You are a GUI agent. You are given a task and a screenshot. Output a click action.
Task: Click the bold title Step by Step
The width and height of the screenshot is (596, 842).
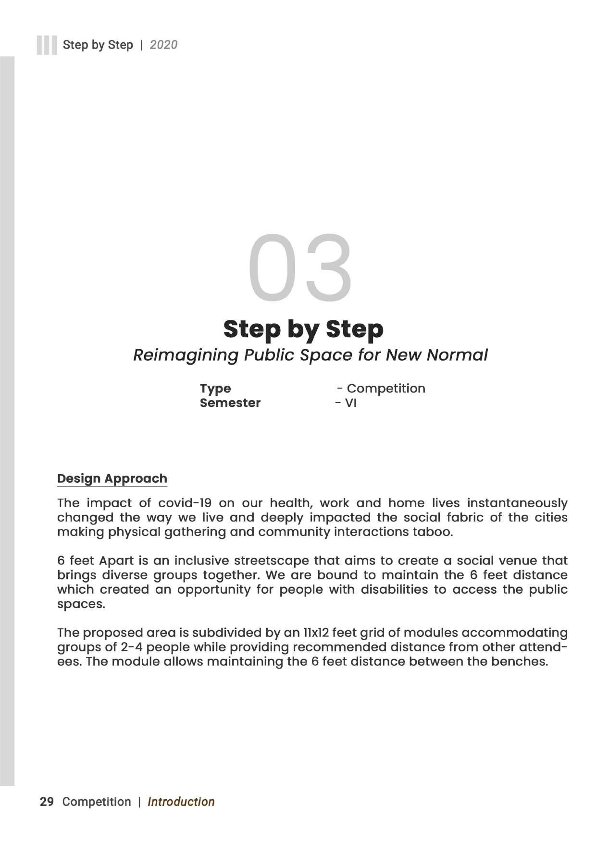(303, 329)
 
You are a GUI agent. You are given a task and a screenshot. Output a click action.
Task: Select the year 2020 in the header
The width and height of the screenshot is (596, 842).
(163, 45)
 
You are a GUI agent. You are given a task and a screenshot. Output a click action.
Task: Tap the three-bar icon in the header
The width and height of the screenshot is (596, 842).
(47, 45)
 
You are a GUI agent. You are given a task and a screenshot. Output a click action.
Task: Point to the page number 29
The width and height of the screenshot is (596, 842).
(47, 802)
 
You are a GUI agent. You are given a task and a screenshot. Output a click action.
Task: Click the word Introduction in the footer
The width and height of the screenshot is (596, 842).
(181, 802)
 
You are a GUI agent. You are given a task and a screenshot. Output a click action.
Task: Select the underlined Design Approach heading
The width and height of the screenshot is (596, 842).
(112, 478)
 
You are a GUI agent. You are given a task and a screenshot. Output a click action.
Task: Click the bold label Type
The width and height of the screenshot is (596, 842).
(215, 389)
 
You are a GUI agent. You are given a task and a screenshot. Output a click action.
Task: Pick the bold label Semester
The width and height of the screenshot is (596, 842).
(230, 403)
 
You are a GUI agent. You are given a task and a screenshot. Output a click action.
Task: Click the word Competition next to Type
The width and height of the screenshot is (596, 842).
(385, 389)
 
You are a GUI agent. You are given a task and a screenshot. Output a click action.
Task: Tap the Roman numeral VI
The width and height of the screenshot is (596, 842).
(350, 403)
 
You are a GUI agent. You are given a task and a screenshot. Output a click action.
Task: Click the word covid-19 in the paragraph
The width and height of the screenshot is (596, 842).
(185, 503)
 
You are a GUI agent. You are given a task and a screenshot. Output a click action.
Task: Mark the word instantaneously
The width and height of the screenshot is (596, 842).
(517, 503)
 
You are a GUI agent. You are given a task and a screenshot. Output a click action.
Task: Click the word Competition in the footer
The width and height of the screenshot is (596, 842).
(97, 802)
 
